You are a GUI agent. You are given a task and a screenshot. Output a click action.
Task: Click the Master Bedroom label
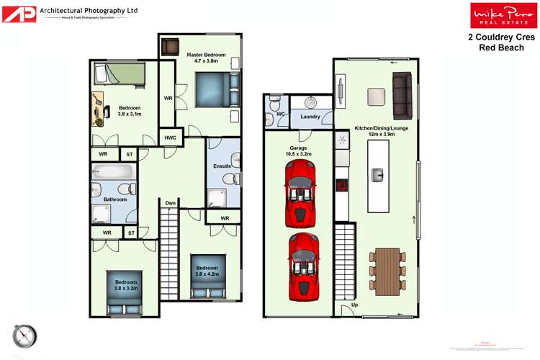click(x=206, y=58)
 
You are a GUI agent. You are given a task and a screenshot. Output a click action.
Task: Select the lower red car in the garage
click(x=302, y=263)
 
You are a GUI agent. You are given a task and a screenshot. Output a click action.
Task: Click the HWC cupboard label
click(x=170, y=138)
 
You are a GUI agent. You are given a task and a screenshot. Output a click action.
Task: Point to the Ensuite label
click(x=222, y=166)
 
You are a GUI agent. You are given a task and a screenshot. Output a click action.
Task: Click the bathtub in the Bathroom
click(x=113, y=173)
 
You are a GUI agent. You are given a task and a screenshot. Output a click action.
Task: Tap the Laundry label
click(x=310, y=117)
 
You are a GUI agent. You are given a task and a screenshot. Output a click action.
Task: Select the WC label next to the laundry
click(x=282, y=114)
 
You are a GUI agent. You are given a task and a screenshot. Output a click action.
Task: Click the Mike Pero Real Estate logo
click(x=493, y=15)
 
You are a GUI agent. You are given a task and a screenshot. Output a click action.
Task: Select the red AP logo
click(x=19, y=14)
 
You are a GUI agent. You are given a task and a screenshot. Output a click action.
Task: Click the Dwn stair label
click(x=170, y=204)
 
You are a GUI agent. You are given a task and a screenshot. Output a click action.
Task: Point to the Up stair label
click(x=354, y=305)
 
